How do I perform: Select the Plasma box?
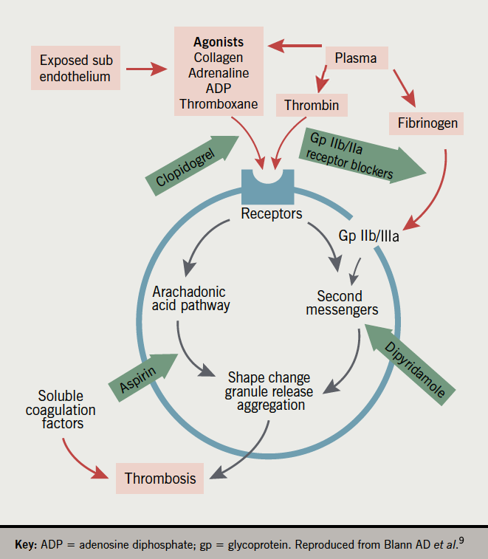356,58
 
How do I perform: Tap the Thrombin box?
312,106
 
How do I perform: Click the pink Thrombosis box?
160,479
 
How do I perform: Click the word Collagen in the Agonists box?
219,57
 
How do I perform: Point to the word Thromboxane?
219,104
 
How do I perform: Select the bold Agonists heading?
219,42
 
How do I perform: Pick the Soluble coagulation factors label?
61,411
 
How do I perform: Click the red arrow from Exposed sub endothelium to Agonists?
148,69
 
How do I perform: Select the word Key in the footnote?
27,546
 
